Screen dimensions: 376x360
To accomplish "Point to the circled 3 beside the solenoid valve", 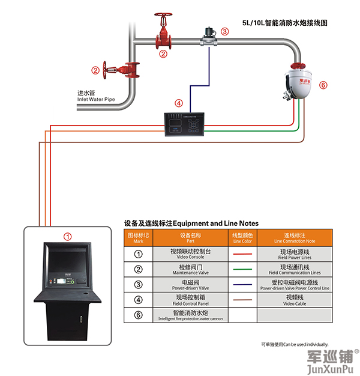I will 224,31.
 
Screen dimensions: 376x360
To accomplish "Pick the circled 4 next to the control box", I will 178,103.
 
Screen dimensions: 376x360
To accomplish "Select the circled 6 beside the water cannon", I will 323,85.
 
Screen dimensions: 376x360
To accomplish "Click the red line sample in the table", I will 242,253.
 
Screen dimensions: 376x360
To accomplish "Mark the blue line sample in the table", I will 242,284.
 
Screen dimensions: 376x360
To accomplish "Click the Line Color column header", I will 242,237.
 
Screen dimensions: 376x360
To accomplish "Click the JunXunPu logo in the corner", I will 329,362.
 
